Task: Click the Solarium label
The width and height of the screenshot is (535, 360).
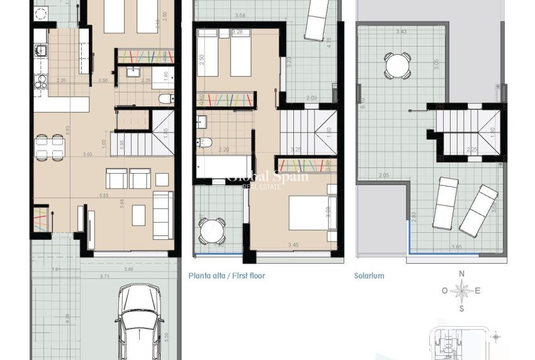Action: coord(369,276)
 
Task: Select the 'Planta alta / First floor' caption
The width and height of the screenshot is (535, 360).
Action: coord(227,276)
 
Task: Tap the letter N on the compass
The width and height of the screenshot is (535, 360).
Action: coord(461,274)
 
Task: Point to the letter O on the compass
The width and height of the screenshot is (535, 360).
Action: coord(444,291)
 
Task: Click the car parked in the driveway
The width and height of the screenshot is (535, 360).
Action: coord(140,322)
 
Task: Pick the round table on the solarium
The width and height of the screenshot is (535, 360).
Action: coord(398,65)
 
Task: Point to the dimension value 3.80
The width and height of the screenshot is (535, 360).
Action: coord(128,269)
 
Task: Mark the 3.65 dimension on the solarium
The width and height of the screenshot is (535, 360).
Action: coord(456,247)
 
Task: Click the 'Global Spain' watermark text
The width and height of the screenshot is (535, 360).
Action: coord(267,177)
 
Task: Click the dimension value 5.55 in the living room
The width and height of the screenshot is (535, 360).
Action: coord(104,196)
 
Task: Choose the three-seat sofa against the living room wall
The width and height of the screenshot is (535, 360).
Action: coord(163,215)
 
